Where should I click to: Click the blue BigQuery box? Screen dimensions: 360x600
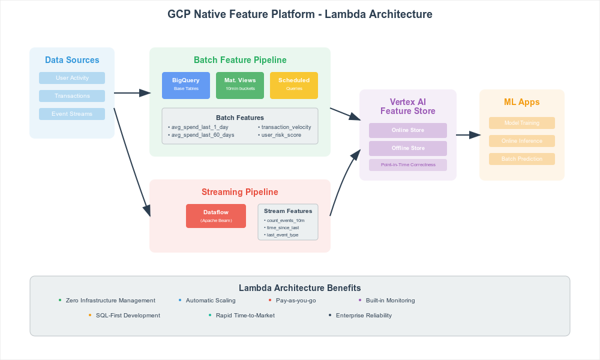[186, 85]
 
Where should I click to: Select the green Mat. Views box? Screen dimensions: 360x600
[240, 85]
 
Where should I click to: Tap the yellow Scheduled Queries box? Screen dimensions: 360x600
[294, 85]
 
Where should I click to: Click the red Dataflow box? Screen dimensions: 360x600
[216, 216]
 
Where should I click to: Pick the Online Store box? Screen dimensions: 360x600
[408, 130]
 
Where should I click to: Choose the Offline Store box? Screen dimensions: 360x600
[408, 148]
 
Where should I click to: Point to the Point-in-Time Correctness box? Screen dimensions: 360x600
[408, 164]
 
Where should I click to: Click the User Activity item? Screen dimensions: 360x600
[72, 78]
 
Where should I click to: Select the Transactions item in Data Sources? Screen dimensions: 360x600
[72, 96]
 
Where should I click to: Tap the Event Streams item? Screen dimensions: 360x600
[72, 114]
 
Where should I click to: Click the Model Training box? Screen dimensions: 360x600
[522, 123]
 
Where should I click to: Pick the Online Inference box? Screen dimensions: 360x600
[522, 141]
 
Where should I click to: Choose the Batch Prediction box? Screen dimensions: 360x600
[522, 159]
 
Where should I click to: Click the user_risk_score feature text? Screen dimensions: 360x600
[281, 135]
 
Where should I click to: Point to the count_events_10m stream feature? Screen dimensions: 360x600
[286, 220]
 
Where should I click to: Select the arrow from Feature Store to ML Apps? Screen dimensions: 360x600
[468, 135]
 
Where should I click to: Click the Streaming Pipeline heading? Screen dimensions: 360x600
[240, 192]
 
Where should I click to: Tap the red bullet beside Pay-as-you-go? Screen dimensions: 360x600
[270, 300]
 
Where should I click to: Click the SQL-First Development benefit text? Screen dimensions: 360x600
[128, 315]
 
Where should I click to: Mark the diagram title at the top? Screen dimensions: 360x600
[300, 14]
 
